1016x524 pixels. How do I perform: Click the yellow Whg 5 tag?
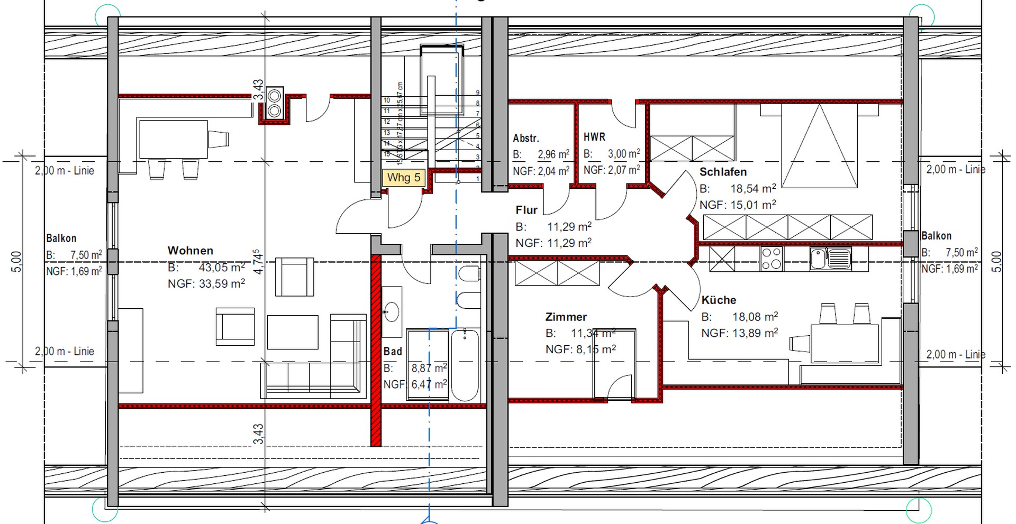pos(404,177)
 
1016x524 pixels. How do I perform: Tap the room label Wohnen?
pos(190,251)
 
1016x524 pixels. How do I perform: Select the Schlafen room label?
pos(723,172)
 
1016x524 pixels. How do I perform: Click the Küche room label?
pos(719,300)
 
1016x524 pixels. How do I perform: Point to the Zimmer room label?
pos(566,317)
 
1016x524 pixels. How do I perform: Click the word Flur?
pos(527,210)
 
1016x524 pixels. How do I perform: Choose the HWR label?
pos(594,137)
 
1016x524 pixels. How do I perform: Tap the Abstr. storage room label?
pos(526,138)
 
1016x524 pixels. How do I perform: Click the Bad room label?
pos(393,351)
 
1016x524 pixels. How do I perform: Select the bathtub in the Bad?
pos(465,364)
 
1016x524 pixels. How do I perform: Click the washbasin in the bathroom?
pos(392,311)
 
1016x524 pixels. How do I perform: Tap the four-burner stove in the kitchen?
pos(771,259)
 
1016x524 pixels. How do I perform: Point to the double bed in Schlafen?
pos(819,145)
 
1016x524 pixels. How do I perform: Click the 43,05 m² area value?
pos(221,268)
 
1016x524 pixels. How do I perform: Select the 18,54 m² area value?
pos(753,189)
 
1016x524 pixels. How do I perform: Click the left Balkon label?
pos(61,238)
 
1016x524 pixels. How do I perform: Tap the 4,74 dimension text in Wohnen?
pos(257,262)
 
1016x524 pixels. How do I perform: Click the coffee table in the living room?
pos(292,332)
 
